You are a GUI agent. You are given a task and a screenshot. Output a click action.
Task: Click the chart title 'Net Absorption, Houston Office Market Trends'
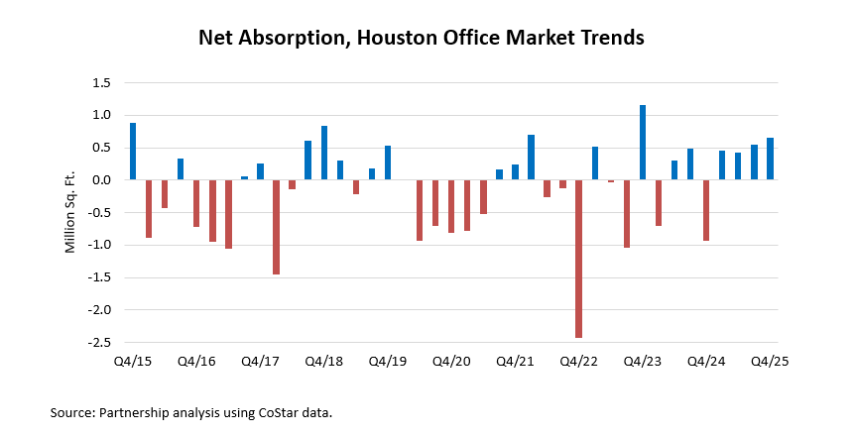click(422, 39)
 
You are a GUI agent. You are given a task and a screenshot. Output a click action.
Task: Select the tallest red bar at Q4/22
click(578, 259)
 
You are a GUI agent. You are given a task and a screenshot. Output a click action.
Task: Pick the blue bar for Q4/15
click(133, 152)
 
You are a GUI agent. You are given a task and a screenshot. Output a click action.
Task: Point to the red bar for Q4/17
click(276, 227)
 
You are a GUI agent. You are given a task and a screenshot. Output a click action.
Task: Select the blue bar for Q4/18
click(324, 153)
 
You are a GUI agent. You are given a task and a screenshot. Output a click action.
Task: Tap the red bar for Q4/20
click(451, 206)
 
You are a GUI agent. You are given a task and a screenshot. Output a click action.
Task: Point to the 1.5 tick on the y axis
click(99, 83)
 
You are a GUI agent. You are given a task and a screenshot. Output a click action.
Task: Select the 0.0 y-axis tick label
click(99, 180)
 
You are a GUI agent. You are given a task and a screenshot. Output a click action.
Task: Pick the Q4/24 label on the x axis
click(706, 363)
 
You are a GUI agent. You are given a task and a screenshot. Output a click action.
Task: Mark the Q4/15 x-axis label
click(133, 363)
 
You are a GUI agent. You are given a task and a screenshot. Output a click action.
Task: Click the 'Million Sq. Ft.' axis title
click(70, 212)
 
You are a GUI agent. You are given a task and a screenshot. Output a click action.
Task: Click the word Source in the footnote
click(71, 411)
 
